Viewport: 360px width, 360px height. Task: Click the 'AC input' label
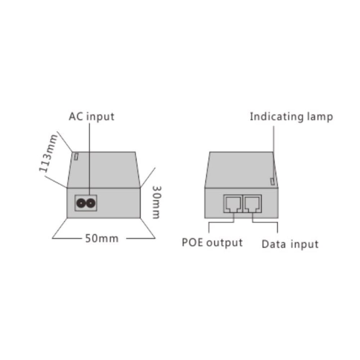[x=91, y=117]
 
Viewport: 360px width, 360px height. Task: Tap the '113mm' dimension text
[x=48, y=153]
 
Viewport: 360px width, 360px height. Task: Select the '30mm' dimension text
[x=157, y=202]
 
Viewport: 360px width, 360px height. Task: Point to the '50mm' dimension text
[x=102, y=239]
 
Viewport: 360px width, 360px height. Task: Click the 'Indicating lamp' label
[x=291, y=117]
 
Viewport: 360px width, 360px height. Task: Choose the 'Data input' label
[x=290, y=244]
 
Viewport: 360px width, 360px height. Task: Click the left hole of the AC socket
[x=81, y=203]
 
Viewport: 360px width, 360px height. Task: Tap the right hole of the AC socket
[x=91, y=203]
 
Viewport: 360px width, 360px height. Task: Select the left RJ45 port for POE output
[x=233, y=204]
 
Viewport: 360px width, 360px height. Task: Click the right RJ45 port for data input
[x=252, y=204]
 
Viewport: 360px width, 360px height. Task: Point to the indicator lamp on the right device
[x=272, y=181]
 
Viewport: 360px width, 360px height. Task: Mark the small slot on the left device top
[x=76, y=157]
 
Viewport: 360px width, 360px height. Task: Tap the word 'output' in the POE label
[x=224, y=243]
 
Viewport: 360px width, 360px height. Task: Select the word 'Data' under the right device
[x=274, y=244]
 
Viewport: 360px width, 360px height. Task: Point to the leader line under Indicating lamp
[x=273, y=153]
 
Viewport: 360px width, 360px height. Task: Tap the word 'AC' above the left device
[x=76, y=116]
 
